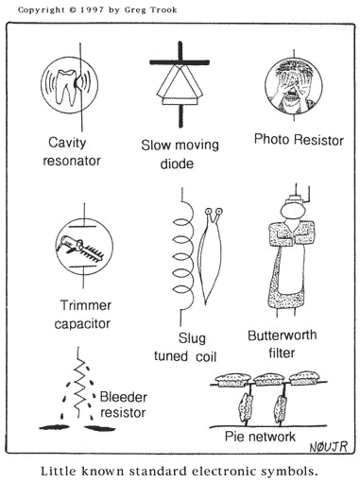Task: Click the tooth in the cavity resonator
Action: point(65,86)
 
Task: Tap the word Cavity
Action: point(67,143)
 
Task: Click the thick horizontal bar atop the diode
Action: point(180,62)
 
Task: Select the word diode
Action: point(177,164)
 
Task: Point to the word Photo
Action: point(271,139)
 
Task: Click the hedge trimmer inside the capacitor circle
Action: point(80,248)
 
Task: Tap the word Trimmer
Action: point(86,305)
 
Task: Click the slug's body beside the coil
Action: point(210,258)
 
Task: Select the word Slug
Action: point(192,338)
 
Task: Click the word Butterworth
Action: point(283,336)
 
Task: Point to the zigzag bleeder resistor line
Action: point(79,382)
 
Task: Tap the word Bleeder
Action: point(123,397)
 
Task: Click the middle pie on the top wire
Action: point(268,379)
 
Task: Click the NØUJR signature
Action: point(329,446)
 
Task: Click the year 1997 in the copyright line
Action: point(92,10)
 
